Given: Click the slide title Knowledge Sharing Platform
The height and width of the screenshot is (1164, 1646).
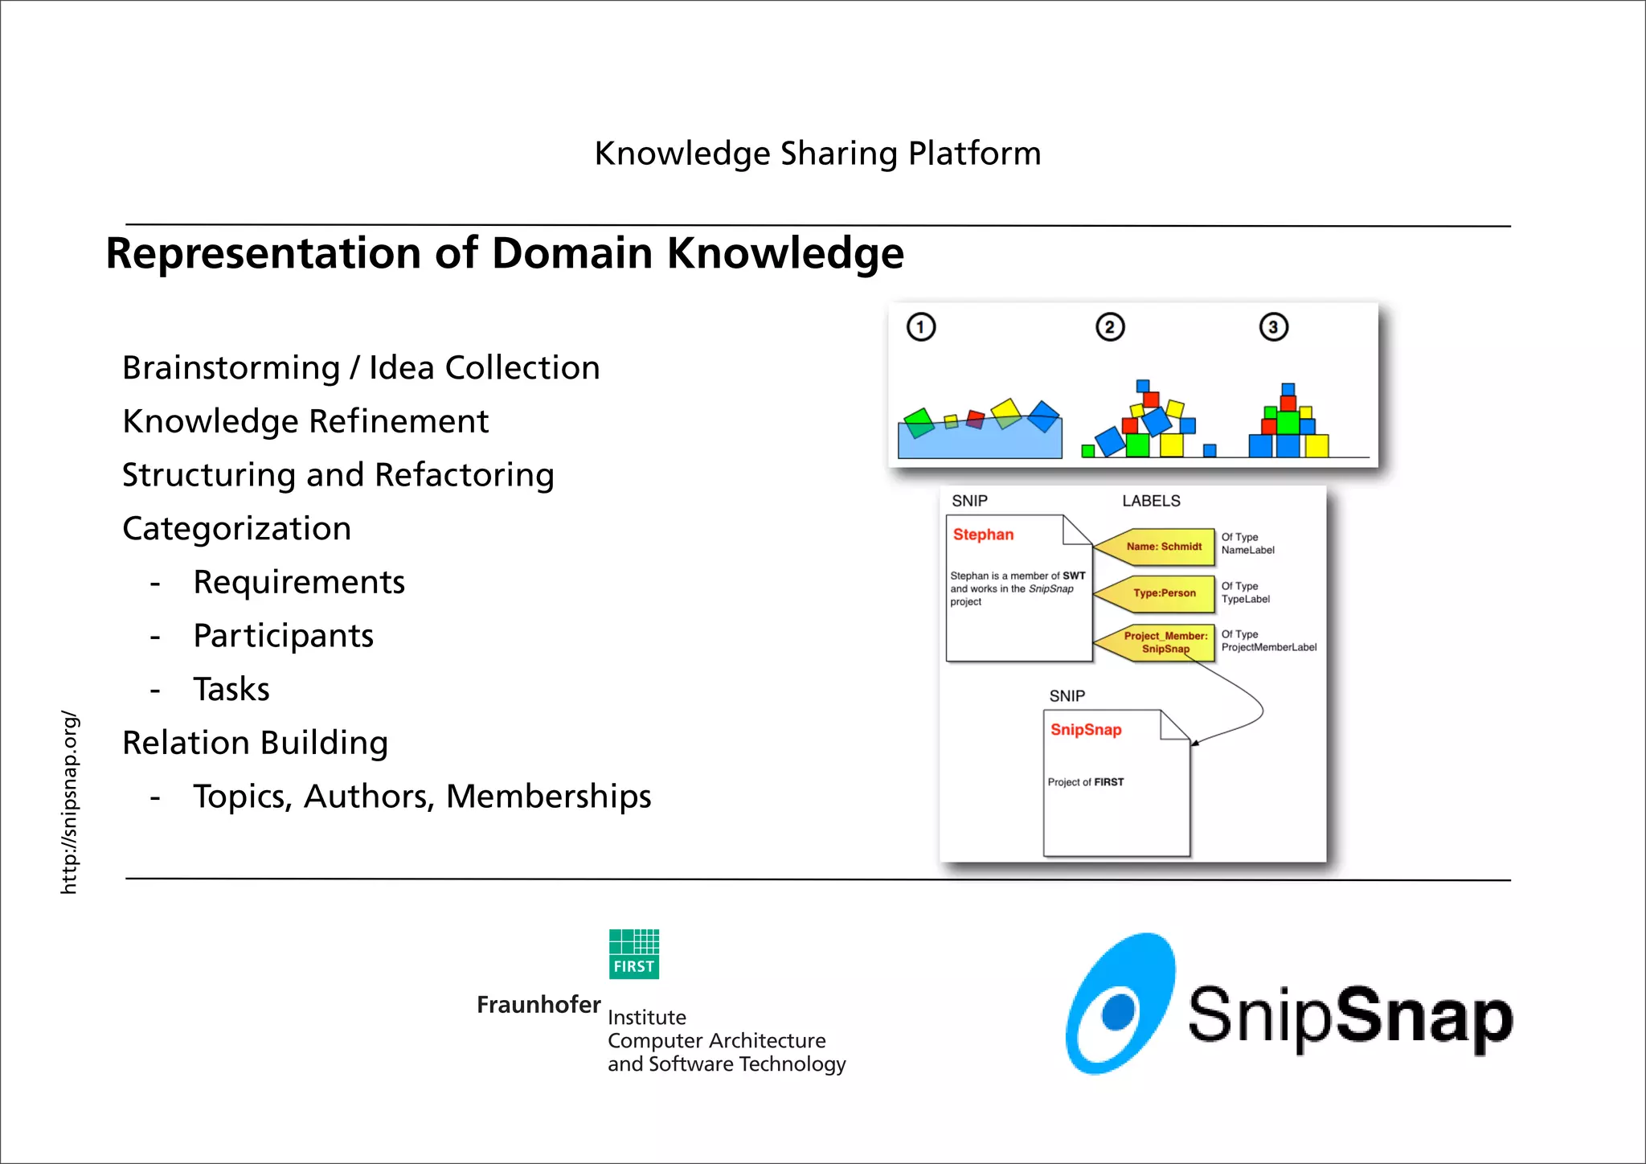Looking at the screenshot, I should (x=817, y=154).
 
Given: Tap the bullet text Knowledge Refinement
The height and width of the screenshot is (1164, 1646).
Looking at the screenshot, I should (x=305, y=421).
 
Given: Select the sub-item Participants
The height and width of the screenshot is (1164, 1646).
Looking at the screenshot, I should (x=283, y=636).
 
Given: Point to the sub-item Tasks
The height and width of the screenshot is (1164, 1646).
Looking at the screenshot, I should (x=231, y=690).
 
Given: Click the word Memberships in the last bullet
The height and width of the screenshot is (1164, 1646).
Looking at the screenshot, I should (x=548, y=797).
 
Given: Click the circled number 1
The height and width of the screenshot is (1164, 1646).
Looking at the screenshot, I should (x=921, y=327).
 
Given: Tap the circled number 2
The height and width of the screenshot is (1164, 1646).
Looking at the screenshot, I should (x=1110, y=327).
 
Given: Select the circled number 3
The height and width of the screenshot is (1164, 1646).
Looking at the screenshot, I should (x=1273, y=327).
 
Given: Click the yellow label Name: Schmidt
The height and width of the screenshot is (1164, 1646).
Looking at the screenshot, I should (x=1163, y=547).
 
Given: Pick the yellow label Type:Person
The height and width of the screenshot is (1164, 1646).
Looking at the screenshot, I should (x=1164, y=593).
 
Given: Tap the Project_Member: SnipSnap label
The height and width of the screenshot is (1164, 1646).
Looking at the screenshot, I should (x=1165, y=642).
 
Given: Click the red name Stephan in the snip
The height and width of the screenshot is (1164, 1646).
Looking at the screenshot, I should (x=983, y=535).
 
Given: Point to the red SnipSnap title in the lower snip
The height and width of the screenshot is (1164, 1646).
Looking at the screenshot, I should (x=1086, y=730).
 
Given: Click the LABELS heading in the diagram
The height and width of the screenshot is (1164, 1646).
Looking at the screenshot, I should (x=1151, y=501).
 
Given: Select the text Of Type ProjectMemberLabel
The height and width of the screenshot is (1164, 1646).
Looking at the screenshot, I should (x=1267, y=641).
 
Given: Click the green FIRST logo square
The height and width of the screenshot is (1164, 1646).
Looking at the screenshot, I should (x=634, y=954).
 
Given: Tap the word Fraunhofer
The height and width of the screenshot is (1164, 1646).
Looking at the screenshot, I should (x=538, y=1005).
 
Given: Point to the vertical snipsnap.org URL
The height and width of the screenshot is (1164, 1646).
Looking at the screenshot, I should (x=70, y=802).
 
